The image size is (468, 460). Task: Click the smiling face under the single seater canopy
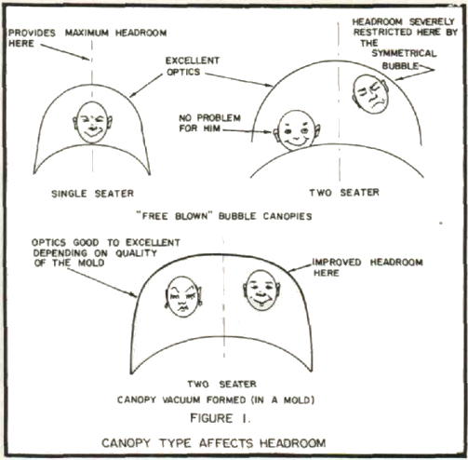pos(92,122)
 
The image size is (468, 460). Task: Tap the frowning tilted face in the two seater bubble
pos(371,94)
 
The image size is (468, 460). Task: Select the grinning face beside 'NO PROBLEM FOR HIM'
pos(296,130)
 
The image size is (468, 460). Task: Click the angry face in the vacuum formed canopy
pos(183,296)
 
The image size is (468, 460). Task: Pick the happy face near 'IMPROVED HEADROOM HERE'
pos(261,290)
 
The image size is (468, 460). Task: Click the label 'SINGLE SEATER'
pos(92,194)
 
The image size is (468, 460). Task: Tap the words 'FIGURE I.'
pos(221,418)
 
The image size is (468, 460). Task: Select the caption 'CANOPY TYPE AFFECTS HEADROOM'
pos(214,443)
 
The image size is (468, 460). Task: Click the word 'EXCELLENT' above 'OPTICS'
pos(193,61)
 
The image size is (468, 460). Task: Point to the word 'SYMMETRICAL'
pos(404,53)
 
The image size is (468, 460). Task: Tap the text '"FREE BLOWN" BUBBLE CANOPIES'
pos(224,216)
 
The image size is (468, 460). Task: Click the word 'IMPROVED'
pos(337,263)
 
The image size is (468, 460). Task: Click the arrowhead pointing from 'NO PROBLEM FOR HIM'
pos(269,132)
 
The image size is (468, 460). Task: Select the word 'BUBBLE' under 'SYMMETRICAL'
pos(400,66)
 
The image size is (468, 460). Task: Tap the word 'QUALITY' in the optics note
pos(137,253)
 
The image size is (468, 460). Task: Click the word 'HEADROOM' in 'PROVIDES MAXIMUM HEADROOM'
pos(141,33)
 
